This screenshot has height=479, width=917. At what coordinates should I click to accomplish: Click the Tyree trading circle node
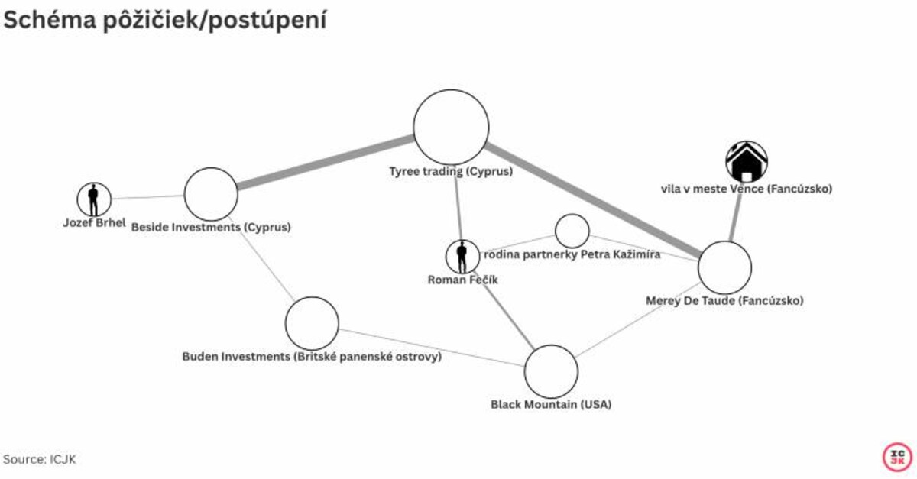451,127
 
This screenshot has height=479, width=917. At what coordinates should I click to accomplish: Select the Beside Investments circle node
211,194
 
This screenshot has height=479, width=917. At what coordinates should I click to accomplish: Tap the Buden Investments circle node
312,323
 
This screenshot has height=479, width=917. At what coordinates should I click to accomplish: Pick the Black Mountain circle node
551,371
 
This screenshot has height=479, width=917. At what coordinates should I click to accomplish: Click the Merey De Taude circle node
724,267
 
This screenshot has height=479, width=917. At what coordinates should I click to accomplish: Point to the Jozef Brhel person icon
94,199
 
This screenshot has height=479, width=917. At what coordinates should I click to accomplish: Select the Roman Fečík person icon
462,257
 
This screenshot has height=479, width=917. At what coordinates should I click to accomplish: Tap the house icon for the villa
746,161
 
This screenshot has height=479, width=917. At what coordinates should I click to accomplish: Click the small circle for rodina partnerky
572,231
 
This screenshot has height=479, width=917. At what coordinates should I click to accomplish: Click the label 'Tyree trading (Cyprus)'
451,172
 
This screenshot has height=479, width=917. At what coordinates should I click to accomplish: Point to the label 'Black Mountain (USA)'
551,404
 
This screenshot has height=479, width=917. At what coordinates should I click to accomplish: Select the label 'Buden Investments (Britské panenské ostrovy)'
312,356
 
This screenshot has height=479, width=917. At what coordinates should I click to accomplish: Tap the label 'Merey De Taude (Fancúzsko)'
724,300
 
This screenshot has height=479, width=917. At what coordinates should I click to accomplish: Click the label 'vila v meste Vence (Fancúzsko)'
746,189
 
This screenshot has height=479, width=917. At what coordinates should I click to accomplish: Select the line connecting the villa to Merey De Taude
735,218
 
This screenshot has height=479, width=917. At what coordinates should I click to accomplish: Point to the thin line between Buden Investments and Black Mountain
432,348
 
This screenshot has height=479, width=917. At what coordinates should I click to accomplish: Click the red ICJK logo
896,457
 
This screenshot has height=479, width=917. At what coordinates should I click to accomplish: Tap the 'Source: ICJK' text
40,459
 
